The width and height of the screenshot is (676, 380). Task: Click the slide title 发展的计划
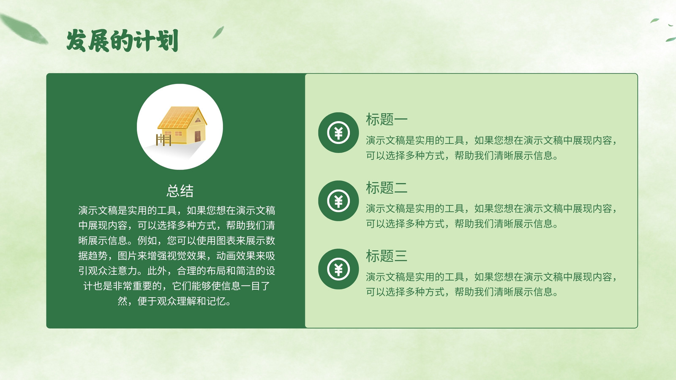pyautogui.click(x=122, y=41)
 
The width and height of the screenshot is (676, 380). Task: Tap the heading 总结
pyautogui.click(x=180, y=191)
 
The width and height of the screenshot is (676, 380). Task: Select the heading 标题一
pyautogui.click(x=387, y=119)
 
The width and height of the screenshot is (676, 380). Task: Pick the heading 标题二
pyautogui.click(x=387, y=187)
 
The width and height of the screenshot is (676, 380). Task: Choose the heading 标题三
pyautogui.click(x=387, y=256)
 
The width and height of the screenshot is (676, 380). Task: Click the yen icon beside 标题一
pyautogui.click(x=338, y=133)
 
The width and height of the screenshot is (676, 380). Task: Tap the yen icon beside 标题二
pyautogui.click(x=338, y=201)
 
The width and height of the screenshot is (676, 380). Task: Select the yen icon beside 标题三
pyautogui.click(x=338, y=269)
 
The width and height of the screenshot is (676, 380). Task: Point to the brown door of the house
pyautogui.click(x=198, y=136)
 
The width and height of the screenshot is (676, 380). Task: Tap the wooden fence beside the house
pyautogui.click(x=164, y=140)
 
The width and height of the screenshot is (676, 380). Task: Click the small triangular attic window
pyautogui.click(x=198, y=120)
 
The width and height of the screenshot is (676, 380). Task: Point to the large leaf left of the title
pyautogui.click(x=24, y=29)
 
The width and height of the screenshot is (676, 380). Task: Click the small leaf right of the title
pyautogui.click(x=218, y=32)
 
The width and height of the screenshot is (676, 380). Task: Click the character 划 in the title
pyautogui.click(x=167, y=41)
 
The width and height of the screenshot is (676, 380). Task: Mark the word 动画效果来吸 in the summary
pyautogui.click(x=245, y=256)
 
